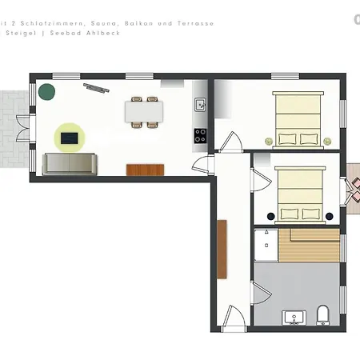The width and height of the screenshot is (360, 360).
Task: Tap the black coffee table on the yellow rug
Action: [70, 138]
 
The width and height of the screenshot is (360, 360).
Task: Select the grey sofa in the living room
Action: [70, 164]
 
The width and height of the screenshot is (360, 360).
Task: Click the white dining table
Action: [144, 111]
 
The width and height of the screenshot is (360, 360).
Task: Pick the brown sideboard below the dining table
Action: [146, 169]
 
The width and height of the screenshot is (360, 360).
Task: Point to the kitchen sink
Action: [200, 104]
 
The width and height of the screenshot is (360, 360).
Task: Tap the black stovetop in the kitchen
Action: [200, 136]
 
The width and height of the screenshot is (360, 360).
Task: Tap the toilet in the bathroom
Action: [322, 314]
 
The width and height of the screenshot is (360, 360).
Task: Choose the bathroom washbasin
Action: [294, 318]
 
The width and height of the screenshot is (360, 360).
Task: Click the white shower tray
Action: [266, 246]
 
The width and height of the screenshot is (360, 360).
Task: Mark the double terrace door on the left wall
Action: [32, 131]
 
